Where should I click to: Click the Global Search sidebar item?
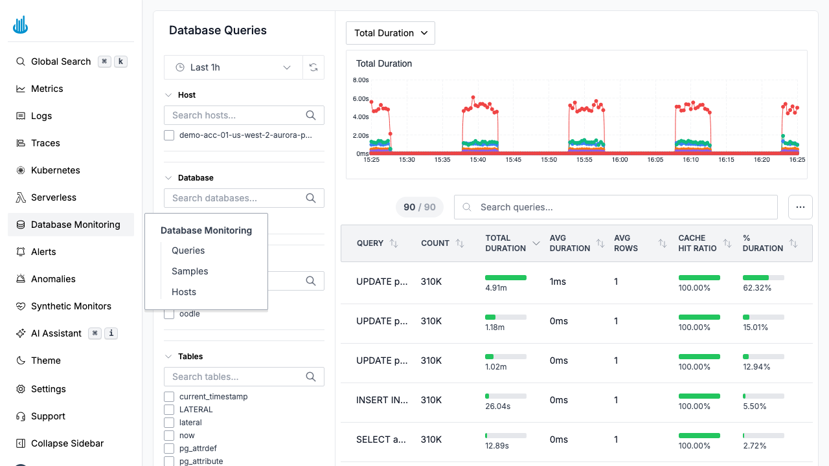[x=61, y=61]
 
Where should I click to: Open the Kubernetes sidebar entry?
[x=56, y=170]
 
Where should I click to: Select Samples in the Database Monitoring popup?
[x=190, y=271]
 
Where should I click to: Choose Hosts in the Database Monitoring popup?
[x=184, y=292]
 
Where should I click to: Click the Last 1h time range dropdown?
[x=233, y=67]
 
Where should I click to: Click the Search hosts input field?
[x=236, y=115]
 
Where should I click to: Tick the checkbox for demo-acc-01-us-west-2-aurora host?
[x=169, y=135]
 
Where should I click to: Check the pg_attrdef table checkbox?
[x=169, y=449]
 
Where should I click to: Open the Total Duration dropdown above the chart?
[x=391, y=33]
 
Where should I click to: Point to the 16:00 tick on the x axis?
[x=620, y=159]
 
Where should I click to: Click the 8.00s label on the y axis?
[x=361, y=80]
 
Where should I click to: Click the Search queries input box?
[x=615, y=207]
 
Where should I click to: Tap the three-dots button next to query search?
[x=800, y=207]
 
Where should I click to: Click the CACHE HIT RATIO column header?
[x=698, y=243]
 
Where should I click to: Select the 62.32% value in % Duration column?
[x=757, y=288]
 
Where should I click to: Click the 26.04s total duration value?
[x=497, y=406]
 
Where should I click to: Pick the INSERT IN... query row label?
[x=382, y=400]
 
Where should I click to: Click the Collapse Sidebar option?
[x=67, y=443]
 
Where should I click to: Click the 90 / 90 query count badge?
[x=419, y=207]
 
